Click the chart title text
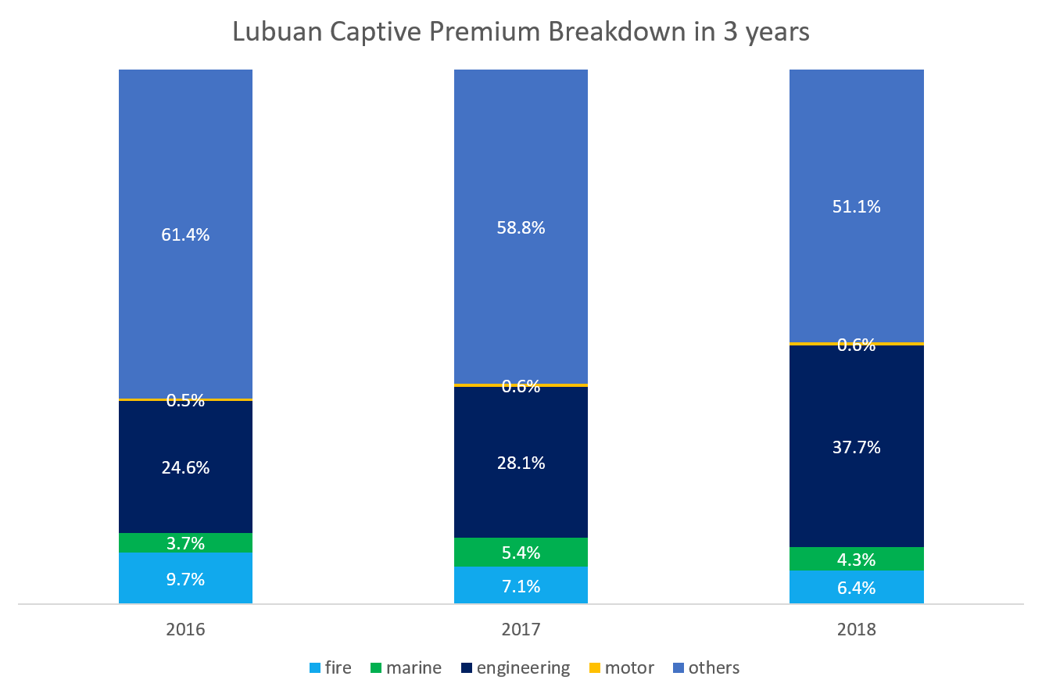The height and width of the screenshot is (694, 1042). pos(521,32)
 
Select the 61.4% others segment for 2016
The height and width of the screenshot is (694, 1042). pos(185,234)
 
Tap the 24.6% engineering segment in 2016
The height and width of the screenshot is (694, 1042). pos(185,467)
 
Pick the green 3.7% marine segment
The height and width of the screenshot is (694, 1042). pos(185,543)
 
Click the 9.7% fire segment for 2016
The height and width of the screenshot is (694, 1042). pos(185,578)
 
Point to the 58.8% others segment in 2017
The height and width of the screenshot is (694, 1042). pos(521,227)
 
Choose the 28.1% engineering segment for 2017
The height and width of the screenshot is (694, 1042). pos(521,463)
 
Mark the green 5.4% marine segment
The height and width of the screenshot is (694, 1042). pos(521,553)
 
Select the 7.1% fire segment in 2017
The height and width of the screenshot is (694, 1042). pos(521,585)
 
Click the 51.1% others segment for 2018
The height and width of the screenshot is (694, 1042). pos(856,206)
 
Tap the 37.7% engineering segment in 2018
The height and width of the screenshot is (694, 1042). pos(856,446)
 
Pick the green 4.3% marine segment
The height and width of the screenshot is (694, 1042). pos(856,559)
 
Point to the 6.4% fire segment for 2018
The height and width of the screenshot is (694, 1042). pos(856,587)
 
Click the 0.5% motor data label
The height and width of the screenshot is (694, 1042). pos(185,401)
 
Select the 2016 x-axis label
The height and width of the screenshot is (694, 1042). pos(185,630)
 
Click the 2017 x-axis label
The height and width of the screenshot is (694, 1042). pos(521,630)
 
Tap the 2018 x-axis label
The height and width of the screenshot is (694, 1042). pos(857,630)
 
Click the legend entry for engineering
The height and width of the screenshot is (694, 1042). pos(515,668)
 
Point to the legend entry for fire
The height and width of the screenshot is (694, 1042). pos(331,668)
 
